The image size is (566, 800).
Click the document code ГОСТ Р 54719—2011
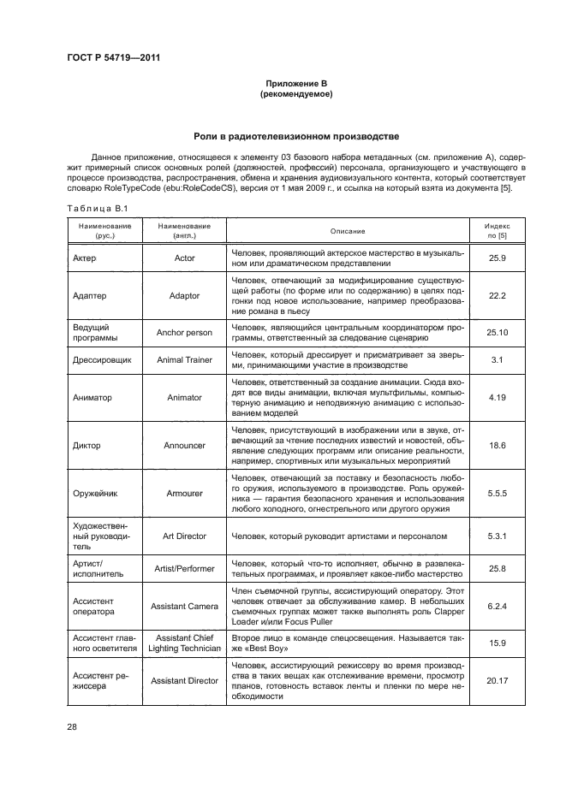pos(114,56)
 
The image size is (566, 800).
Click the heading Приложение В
pos(296,82)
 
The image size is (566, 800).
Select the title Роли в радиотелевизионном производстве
pos(296,136)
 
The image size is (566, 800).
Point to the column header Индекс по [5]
pos(497,231)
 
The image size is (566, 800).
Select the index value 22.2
pos(497,295)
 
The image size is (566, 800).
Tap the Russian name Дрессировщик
pos(103,360)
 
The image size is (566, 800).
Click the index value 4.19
pos(497,397)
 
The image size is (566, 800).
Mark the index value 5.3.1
pos(497,536)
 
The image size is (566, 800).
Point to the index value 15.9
pos(497,642)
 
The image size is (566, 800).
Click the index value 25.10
pos(497,333)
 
